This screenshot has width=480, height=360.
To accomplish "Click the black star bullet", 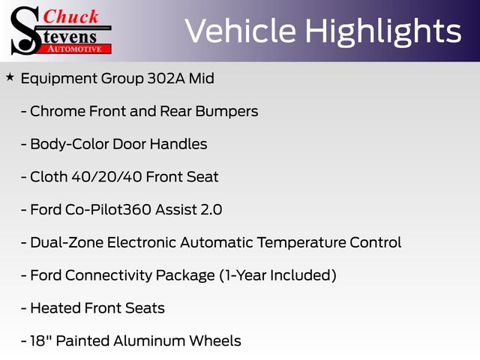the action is click(x=10, y=77).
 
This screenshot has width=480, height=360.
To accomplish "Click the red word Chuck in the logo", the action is click(x=70, y=16).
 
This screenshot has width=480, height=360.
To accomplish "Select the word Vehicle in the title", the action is click(x=241, y=31).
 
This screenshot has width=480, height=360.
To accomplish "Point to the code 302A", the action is click(x=166, y=78).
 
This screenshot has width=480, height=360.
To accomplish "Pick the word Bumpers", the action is click(x=226, y=112).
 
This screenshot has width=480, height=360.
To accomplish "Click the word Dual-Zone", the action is click(x=67, y=242).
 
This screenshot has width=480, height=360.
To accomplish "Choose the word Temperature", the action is click(x=301, y=243).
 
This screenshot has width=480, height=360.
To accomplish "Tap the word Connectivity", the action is click(x=109, y=275).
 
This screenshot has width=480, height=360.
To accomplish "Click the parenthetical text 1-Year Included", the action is click(x=278, y=275).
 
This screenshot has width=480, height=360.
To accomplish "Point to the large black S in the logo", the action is click(x=25, y=31).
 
